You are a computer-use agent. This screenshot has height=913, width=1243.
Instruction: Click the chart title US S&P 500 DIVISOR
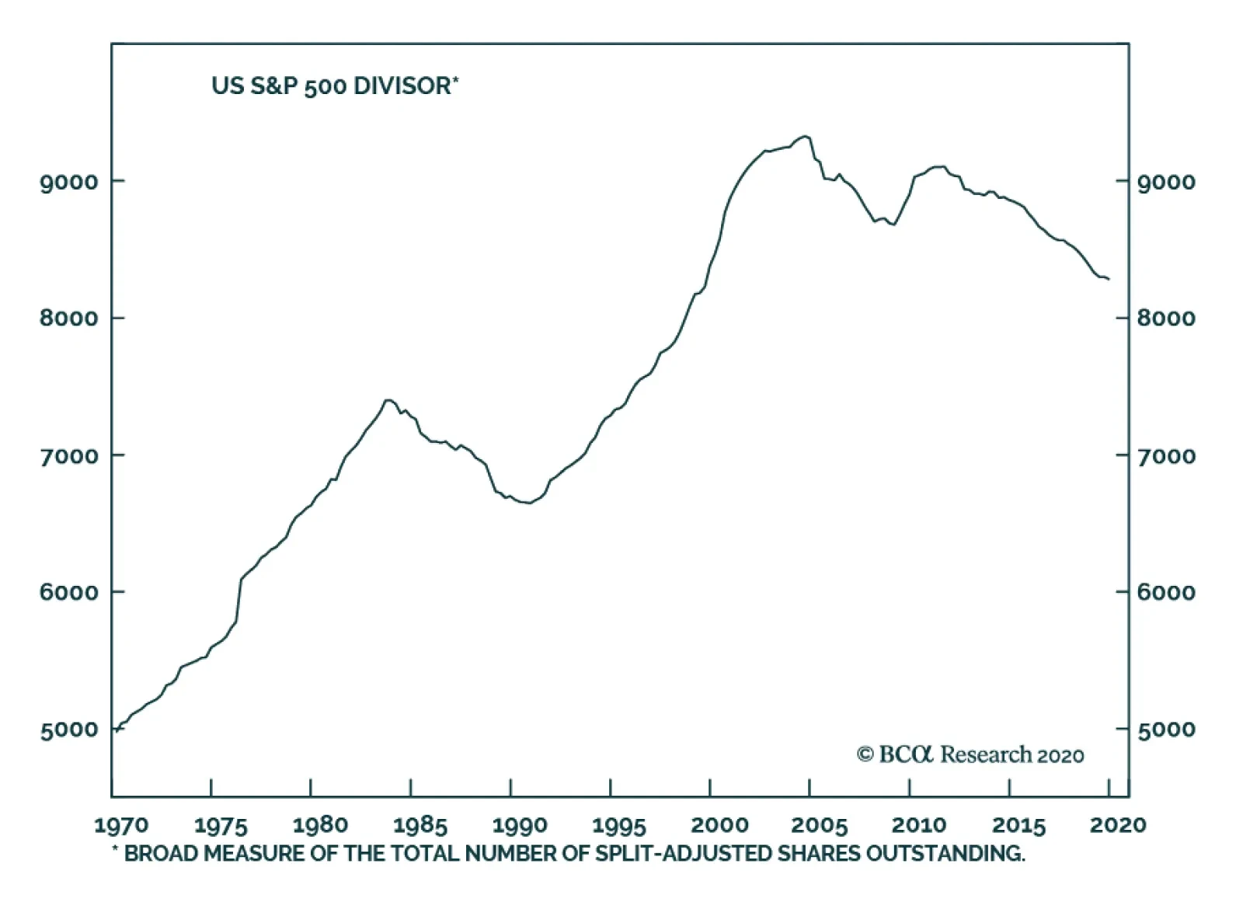pyautogui.click(x=334, y=85)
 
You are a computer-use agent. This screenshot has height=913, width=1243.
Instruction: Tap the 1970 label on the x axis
pyautogui.click(x=120, y=824)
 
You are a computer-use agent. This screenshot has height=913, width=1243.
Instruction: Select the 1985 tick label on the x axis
pyautogui.click(x=420, y=824)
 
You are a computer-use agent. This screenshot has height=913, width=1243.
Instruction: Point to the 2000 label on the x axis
pyautogui.click(x=719, y=824)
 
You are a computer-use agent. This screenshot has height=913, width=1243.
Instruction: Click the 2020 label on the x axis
pyautogui.click(x=1117, y=824)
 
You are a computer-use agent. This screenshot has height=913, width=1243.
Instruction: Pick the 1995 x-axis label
pyautogui.click(x=619, y=824)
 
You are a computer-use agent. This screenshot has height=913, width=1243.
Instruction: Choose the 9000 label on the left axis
pyautogui.click(x=69, y=183)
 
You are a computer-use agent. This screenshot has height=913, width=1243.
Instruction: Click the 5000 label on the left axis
pyautogui.click(x=69, y=730)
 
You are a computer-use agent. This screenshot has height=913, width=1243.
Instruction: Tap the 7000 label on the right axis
pyautogui.click(x=1166, y=456)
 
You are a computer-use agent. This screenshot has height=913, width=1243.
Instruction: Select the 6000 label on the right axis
pyautogui.click(x=1166, y=593)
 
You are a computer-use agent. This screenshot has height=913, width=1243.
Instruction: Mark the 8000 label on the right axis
pyautogui.click(x=1166, y=319)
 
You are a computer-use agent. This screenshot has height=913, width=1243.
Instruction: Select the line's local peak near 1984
pyautogui.click(x=388, y=400)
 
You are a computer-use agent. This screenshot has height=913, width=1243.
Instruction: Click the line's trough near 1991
pyautogui.click(x=528, y=504)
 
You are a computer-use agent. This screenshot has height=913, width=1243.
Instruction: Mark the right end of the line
pyautogui.click(x=1109, y=279)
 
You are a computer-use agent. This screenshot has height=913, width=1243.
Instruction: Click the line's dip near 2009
pyautogui.click(x=894, y=225)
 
